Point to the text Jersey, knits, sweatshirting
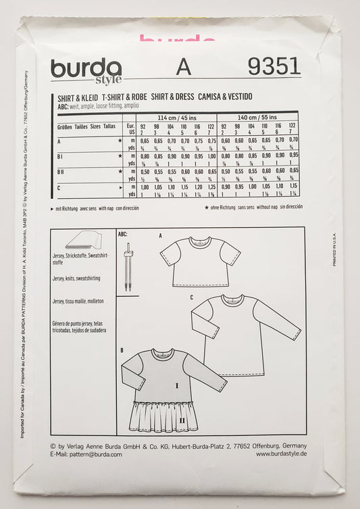80,281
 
